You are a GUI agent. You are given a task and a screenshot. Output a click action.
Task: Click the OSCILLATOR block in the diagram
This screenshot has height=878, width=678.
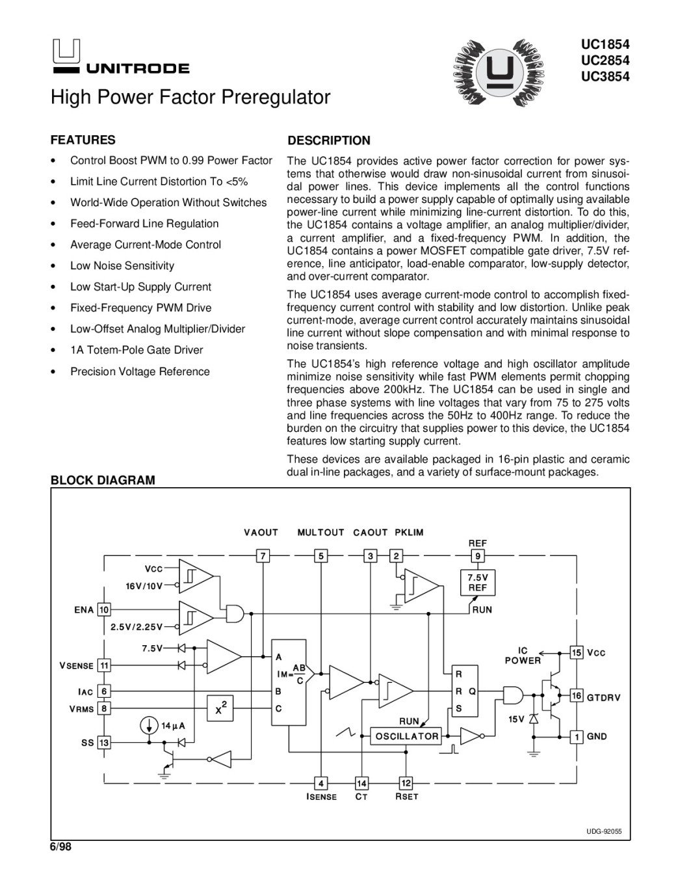pos(405,736)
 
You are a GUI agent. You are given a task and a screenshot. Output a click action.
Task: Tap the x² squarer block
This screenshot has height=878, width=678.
pos(220,708)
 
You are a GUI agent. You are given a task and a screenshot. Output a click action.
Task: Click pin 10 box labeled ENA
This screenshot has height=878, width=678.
pos(103,610)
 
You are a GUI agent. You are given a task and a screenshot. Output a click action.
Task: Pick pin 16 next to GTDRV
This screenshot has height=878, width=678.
pos(576,696)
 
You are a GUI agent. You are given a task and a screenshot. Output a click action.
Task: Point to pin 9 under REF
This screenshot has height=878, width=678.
pos(477,556)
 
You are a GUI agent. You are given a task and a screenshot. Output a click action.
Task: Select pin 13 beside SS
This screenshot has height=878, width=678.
pos(103,743)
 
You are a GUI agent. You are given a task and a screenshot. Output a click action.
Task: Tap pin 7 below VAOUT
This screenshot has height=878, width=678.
pos(262,556)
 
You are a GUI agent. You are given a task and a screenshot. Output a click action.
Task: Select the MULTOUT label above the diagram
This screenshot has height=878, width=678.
pos(320,533)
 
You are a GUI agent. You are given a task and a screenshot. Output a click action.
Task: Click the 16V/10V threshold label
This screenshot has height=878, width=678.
pos(144,585)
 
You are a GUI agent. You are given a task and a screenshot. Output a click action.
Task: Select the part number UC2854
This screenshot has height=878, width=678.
pos(606,60)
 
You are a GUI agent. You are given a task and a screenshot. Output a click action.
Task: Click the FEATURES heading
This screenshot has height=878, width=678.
pos(83,140)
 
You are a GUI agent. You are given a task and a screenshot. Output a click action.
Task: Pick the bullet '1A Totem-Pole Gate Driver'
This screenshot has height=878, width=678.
pos(137,350)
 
